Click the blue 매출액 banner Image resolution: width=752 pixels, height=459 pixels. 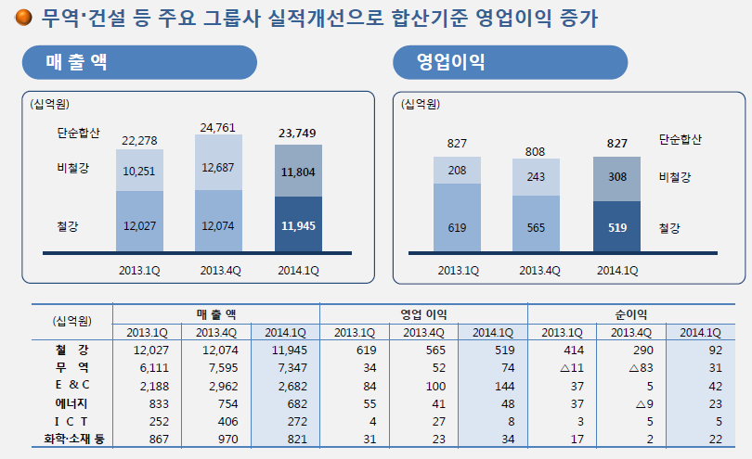(x=139, y=62)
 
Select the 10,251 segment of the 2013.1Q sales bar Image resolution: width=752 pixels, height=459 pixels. (x=139, y=171)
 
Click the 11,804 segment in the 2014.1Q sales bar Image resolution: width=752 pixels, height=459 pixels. (x=299, y=172)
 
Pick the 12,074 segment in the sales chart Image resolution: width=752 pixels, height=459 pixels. (x=218, y=225)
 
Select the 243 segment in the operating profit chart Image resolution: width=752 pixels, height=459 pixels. (x=537, y=177)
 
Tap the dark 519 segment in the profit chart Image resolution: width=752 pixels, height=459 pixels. (x=616, y=226)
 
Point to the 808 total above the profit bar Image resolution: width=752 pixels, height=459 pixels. (x=537, y=151)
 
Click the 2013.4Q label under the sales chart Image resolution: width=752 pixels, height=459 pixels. (x=218, y=271)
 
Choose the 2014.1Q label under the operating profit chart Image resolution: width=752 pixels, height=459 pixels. (x=616, y=271)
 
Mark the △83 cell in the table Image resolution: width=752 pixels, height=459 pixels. (x=632, y=367)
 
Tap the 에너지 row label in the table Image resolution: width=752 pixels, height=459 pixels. (x=71, y=402)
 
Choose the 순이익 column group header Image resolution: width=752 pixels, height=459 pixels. (x=632, y=314)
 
